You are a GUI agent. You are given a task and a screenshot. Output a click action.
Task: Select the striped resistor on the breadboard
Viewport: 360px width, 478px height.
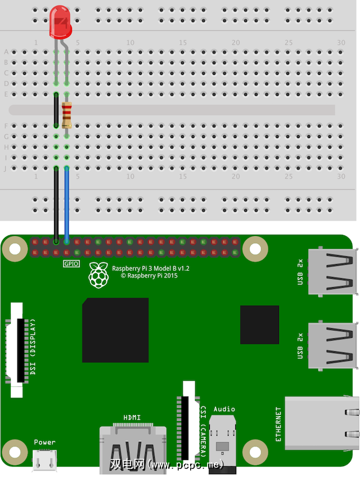click(x=67, y=115)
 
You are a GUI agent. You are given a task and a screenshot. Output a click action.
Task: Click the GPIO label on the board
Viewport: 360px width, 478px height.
click(x=71, y=263)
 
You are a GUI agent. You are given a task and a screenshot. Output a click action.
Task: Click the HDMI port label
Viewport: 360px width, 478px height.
click(x=132, y=417)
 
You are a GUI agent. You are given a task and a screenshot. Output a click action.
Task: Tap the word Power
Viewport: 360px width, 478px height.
click(x=45, y=442)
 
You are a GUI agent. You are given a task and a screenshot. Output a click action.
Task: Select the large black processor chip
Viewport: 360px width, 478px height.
click(x=115, y=330)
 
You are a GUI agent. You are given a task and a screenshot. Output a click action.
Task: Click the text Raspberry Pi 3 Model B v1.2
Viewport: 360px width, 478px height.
click(x=151, y=269)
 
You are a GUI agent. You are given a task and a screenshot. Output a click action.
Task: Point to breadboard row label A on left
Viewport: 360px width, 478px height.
click(x=6, y=52)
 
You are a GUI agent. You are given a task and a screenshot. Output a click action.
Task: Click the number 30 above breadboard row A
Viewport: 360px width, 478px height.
click(x=341, y=43)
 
